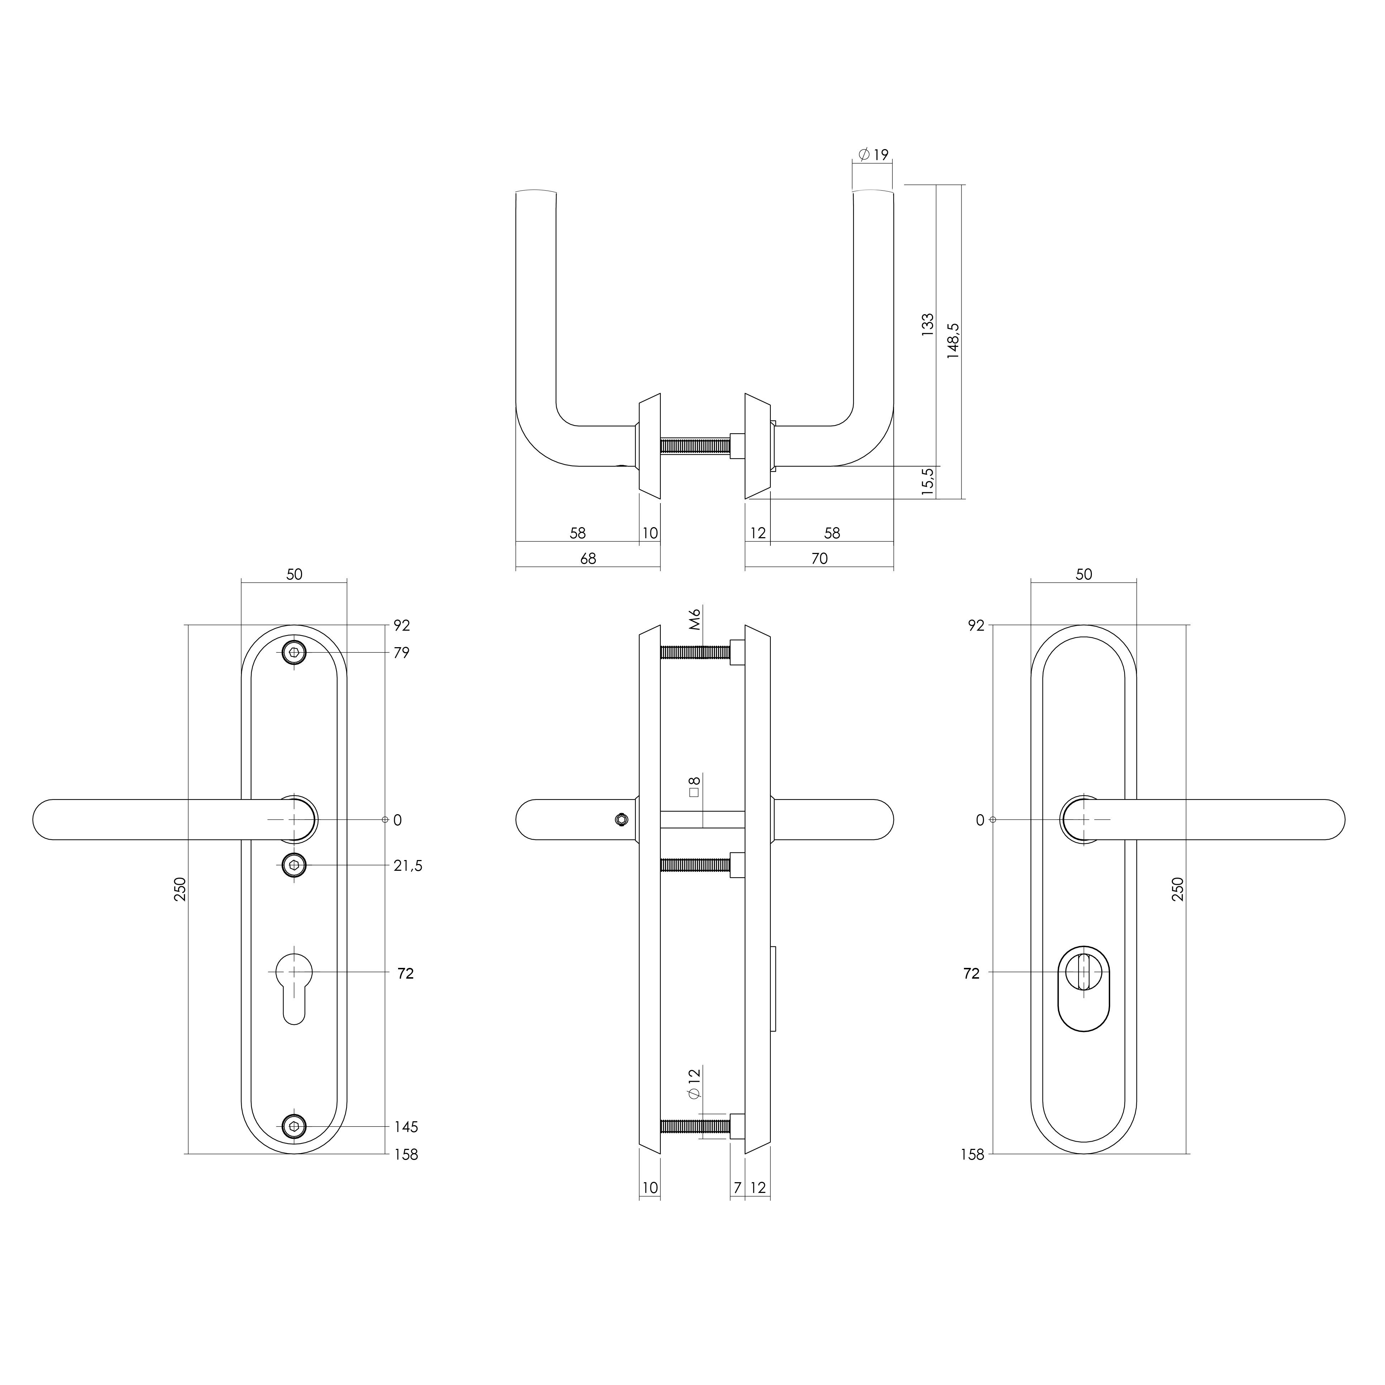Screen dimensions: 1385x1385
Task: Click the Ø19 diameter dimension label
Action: coord(873,154)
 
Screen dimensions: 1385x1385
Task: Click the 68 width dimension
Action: coord(588,558)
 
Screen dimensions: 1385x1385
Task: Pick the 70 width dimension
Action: coord(820,558)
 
